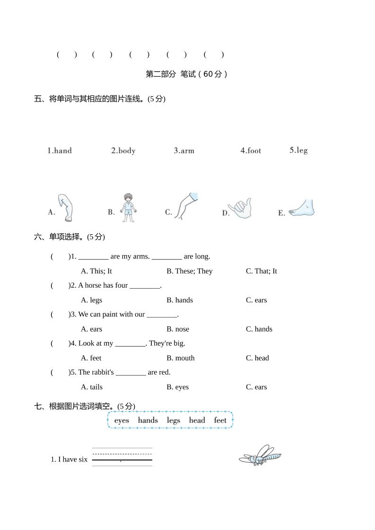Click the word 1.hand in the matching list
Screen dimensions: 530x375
59,151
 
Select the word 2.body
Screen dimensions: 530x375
123,151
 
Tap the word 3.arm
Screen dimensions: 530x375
184,151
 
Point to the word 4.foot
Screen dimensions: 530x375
251,151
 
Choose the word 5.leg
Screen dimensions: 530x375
298,150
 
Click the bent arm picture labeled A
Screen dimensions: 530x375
67,207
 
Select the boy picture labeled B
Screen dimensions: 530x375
127,207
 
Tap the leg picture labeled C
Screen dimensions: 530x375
185,206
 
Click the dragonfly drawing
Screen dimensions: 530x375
260,455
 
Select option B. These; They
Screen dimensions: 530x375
189,271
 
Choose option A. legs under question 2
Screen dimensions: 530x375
91,300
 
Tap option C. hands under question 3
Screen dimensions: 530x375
259,329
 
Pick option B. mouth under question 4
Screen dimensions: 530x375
180,358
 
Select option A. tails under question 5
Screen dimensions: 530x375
92,387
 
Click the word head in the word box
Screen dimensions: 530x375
197,420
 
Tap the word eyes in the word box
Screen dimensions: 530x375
122,420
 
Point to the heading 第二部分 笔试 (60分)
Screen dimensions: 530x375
187,74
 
